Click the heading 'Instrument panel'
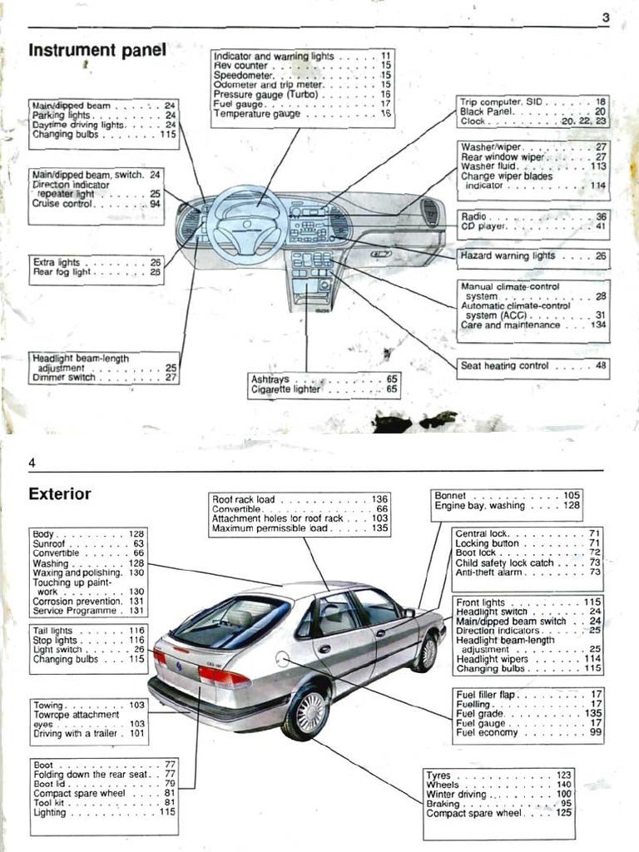(x=97, y=51)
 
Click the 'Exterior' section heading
(x=60, y=493)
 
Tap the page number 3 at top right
(x=605, y=18)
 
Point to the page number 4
(x=32, y=463)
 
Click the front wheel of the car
(x=424, y=651)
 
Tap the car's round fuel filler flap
(x=282, y=659)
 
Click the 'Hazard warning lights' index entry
(x=508, y=256)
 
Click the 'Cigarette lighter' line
(x=285, y=389)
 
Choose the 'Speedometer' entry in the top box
(x=241, y=75)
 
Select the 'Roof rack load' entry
(x=244, y=499)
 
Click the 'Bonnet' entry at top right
(x=451, y=495)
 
